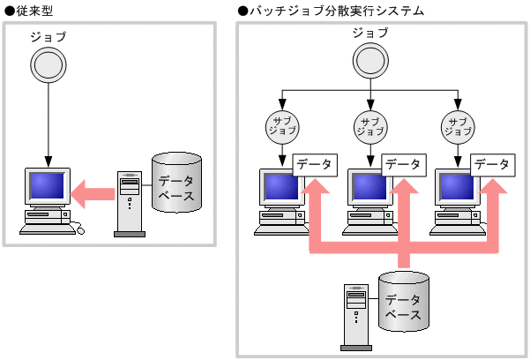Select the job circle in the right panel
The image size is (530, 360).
coord(370,61)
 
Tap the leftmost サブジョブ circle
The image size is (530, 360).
coord(282,126)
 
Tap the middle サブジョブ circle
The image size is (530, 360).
coord(370,126)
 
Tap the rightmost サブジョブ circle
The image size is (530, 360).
coord(459,126)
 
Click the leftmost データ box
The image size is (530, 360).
coord(315,164)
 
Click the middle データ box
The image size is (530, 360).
coord(403,164)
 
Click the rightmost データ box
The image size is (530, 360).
coord(491,164)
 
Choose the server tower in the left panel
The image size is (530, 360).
coord(129,203)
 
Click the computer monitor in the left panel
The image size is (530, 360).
coord(48,186)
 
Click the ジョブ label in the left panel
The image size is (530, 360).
coord(48,37)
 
